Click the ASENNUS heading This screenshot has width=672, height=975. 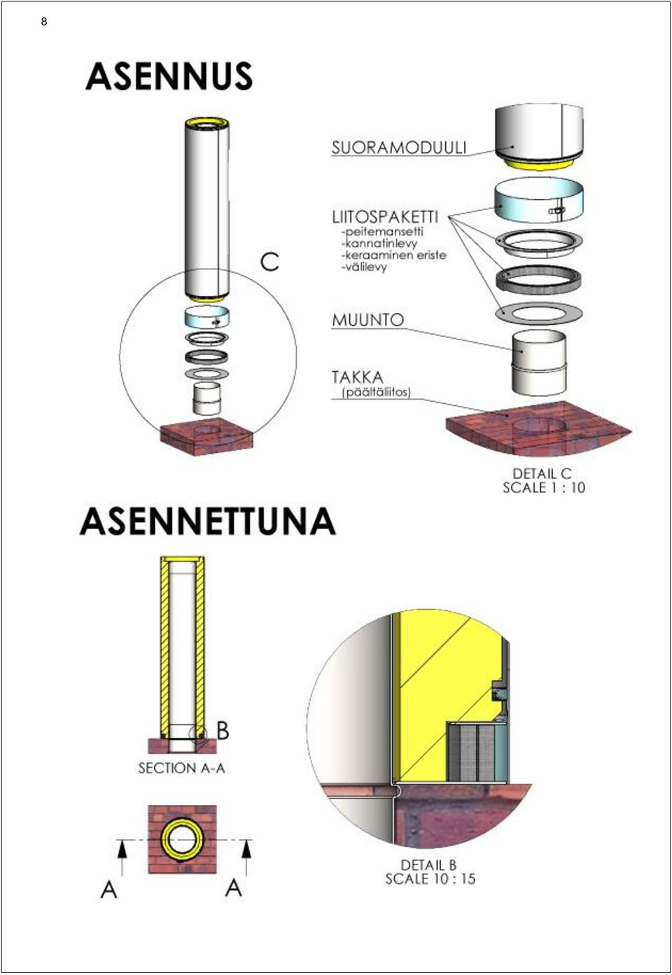pos(169,76)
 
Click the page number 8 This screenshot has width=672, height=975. pos(44,22)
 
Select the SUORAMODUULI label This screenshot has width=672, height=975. pos(399,148)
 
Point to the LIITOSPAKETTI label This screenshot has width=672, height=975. pos(385,216)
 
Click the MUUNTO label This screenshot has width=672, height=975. pos(368,321)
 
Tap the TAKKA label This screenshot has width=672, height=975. pos(358,377)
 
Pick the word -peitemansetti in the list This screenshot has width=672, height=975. pos(382,231)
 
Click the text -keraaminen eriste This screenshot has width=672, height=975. pos(394,255)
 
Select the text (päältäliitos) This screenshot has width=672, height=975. pos(377,393)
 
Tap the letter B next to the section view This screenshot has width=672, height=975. pos(223,731)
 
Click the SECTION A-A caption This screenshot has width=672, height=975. pos(181,768)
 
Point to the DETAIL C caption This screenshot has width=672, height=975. pos(542,473)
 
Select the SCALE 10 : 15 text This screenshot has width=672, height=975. pos(430,879)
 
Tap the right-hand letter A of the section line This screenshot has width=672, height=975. pos(233,888)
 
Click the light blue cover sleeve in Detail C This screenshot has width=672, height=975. pos(539,201)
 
